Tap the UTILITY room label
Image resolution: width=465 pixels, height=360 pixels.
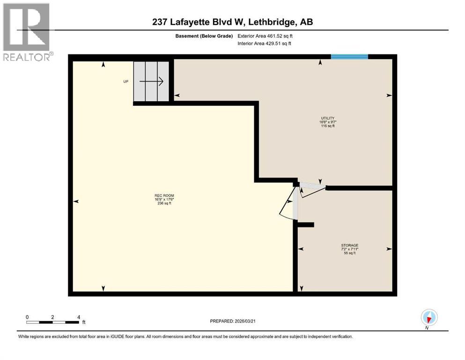pos(327,118)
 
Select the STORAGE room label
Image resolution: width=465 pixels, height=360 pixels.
pos(349,245)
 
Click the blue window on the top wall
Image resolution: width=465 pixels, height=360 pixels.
pos(349,57)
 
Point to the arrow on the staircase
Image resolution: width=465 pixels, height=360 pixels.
pos(151,82)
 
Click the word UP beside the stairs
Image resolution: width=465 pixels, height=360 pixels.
pos(125,82)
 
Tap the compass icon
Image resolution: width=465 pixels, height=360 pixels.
pos(429,317)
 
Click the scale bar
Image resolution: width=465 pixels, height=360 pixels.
pos(52,322)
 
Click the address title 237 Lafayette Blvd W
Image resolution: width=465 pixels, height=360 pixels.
pos(232,22)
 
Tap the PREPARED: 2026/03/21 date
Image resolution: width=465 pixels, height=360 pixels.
pos(233,321)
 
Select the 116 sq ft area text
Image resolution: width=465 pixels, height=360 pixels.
pos(327,126)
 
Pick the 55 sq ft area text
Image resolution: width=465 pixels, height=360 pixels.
pos(349,253)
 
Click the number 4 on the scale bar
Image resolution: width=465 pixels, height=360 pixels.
pos(78,317)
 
